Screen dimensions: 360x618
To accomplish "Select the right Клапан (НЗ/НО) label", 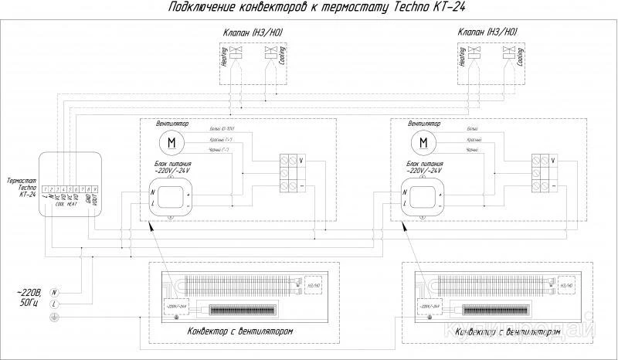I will [x=486, y=32].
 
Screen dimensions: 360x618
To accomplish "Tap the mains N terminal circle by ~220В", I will [x=54, y=294].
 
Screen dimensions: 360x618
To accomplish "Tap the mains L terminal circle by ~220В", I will [x=54, y=306].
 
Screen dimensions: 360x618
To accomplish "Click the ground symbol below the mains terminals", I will [x=54, y=318].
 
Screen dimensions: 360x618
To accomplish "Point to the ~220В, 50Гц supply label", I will [x=25, y=299].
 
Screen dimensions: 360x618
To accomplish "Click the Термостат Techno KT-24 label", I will [x=20, y=188].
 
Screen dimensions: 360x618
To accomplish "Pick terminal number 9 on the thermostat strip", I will [x=93, y=188].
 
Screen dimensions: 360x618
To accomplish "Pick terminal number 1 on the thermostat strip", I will [x=47, y=188].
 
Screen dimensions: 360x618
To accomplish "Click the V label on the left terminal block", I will [x=301, y=160].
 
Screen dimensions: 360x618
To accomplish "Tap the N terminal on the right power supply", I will [x=403, y=191].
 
